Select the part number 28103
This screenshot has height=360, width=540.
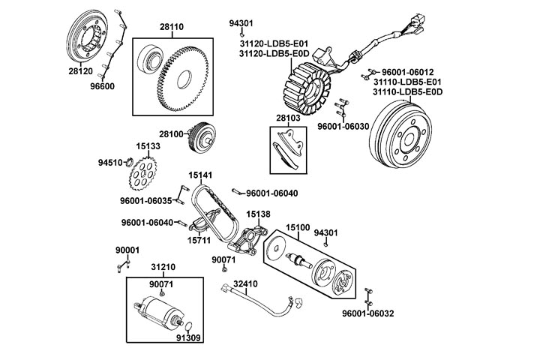(x=288, y=118)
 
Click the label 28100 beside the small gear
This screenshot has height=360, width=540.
(x=171, y=133)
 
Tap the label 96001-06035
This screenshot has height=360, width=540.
(x=147, y=200)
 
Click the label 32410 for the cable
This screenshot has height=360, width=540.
(x=245, y=284)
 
